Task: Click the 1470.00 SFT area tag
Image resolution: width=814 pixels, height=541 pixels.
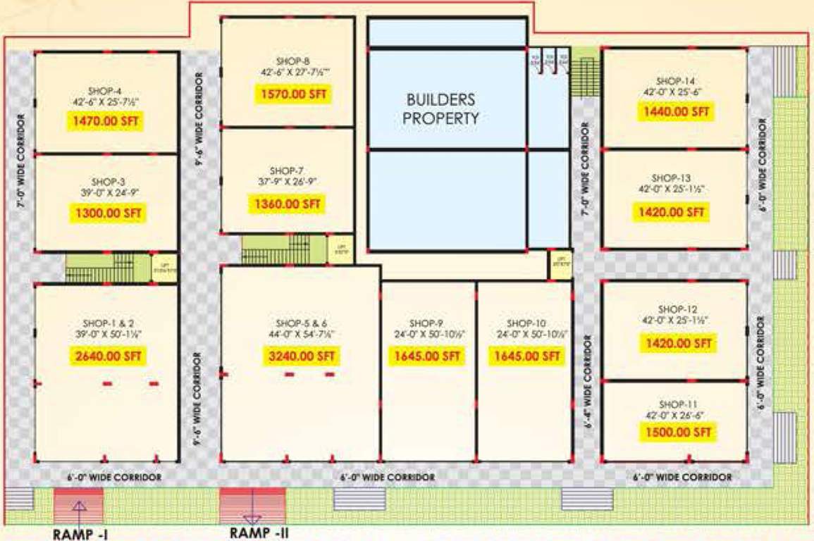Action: pyautogui.click(x=106, y=121)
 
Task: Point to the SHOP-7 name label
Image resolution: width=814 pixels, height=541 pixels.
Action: pyautogui.click(x=286, y=170)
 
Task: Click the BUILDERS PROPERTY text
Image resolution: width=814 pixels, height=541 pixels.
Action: pyautogui.click(x=440, y=109)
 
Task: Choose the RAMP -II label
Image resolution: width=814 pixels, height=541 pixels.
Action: pyautogui.click(x=259, y=533)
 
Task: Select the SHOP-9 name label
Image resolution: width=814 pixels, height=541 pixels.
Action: pyautogui.click(x=426, y=323)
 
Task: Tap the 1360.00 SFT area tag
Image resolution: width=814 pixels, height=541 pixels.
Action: pyautogui.click(x=288, y=204)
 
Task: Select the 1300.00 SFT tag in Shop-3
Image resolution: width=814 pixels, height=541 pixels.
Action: pyautogui.click(x=106, y=212)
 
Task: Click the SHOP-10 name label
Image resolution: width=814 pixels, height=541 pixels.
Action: pyautogui.click(x=522, y=323)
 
